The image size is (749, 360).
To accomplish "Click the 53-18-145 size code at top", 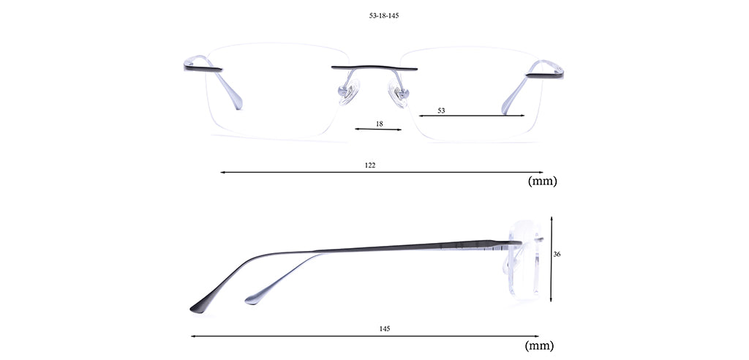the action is coord(383,16).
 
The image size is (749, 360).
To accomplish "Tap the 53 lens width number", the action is coord(441,110).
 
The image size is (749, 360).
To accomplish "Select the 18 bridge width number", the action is coord(380,124).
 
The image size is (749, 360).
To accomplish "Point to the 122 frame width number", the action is coord(370,165).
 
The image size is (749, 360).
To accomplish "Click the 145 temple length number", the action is coord(385,329).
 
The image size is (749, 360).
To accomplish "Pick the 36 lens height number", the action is coord(557,255).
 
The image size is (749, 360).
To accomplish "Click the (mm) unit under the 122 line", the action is coord(542,181).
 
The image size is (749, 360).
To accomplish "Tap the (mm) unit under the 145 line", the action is coord(539,345).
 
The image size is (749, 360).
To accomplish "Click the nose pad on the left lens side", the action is coord(349,93).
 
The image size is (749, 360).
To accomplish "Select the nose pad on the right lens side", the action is coord(399,93).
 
